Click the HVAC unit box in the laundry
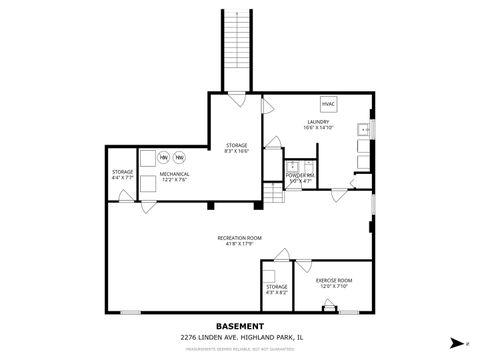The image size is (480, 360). click(328, 103)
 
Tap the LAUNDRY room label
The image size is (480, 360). click(318, 121)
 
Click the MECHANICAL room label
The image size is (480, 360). click(175, 175)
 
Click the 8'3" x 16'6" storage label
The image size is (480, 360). click(236, 146)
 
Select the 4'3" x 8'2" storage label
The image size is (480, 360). click(276, 289)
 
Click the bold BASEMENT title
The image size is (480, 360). click(240, 326)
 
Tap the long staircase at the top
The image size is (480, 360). click(234, 50)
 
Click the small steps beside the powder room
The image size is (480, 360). click(274, 193)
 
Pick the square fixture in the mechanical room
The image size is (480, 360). click(147, 158)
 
